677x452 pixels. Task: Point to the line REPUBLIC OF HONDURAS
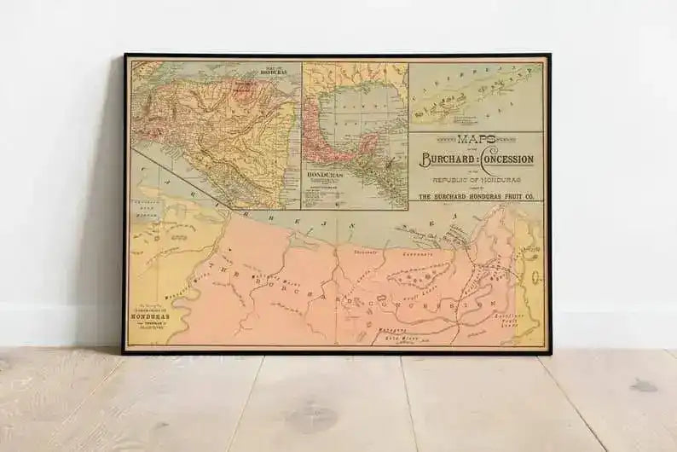click(476, 181)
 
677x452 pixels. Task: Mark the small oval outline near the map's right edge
click(535, 277)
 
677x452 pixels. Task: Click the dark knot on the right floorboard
click(643, 385)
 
